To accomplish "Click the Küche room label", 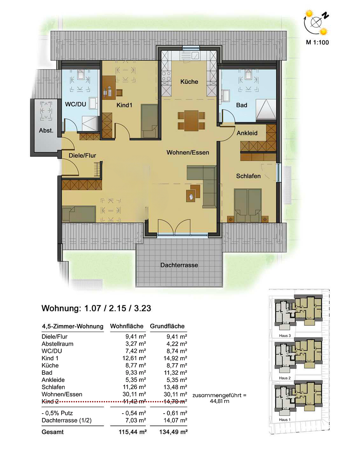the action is tap(189, 82).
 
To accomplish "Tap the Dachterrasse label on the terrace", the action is tap(179, 265).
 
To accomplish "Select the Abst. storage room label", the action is tap(46, 130).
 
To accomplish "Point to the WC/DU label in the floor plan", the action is tap(75, 104).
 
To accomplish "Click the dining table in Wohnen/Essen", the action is tap(191, 120).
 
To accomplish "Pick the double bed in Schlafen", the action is tap(248, 205).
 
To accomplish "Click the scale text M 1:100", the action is tap(317, 42).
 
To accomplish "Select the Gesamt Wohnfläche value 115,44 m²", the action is tap(133, 432).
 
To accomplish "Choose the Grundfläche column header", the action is tap(167, 326).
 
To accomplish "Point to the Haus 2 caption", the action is tap(285, 378).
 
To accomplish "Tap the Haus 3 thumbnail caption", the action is tap(285, 336).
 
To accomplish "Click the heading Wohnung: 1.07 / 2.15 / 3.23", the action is tap(96, 308).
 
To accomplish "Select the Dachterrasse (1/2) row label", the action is tap(67, 421).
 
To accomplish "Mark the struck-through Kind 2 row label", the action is tap(50, 401).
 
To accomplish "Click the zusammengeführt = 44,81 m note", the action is tap(219, 398).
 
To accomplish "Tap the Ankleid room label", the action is tap(247, 133).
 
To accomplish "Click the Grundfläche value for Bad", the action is tap(177, 373).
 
